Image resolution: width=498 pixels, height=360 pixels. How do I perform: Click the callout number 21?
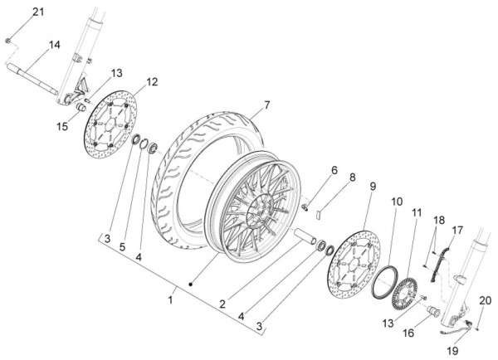[38, 12]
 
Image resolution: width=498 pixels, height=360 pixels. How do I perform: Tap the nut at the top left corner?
[8, 41]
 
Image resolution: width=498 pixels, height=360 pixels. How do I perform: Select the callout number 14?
[54, 45]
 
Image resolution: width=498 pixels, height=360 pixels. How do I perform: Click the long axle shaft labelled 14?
[32, 79]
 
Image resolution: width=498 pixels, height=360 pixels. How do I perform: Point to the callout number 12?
[152, 82]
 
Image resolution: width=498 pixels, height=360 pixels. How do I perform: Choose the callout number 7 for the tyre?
[266, 105]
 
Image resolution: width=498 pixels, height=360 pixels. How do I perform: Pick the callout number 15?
[62, 126]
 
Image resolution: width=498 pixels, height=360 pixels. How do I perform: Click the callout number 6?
[334, 170]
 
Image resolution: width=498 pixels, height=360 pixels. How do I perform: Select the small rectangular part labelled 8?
[319, 214]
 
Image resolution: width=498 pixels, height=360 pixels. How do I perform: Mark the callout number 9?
[373, 187]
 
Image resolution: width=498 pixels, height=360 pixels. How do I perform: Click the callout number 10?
[397, 202]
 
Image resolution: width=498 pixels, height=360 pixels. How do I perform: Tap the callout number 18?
[439, 220]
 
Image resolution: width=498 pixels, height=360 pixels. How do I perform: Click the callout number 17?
[457, 230]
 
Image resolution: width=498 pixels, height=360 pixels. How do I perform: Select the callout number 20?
[486, 300]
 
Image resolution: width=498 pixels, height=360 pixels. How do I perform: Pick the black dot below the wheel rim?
[191, 285]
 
